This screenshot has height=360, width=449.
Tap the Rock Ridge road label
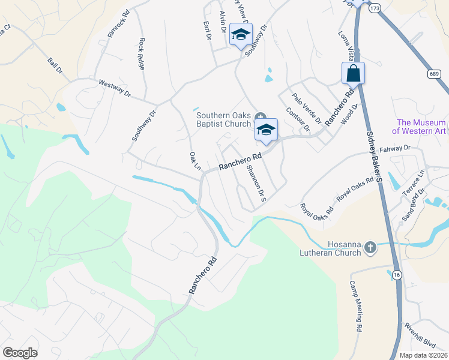pyautogui.click(x=142, y=53)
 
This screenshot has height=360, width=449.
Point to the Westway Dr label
pyautogui.click(x=114, y=88)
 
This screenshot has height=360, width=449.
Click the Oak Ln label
pyautogui.click(x=194, y=161)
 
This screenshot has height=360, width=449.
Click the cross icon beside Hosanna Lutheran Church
pyautogui.click(x=370, y=245)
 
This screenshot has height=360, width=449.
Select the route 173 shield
pyautogui.click(x=375, y=8)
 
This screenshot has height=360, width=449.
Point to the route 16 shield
pyautogui.click(x=397, y=274)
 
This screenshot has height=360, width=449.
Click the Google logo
pyautogui.click(x=20, y=352)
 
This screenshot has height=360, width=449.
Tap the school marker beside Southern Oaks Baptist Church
pyautogui.click(x=266, y=129)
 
